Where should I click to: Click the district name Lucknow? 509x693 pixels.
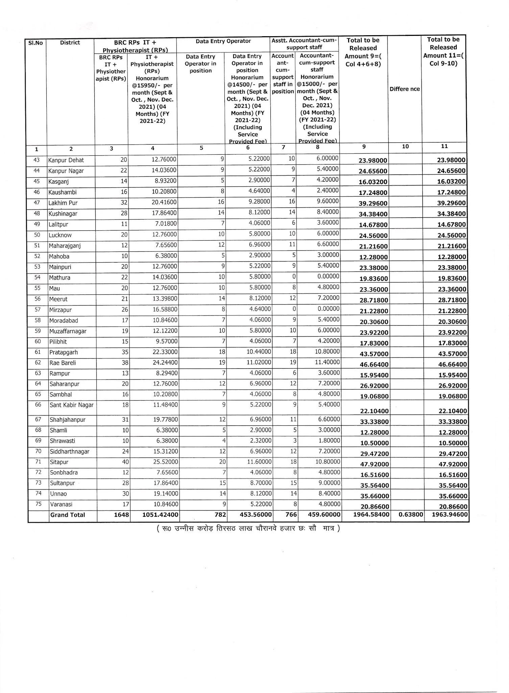(60, 235)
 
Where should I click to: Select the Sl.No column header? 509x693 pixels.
(35, 43)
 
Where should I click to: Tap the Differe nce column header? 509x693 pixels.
(405, 89)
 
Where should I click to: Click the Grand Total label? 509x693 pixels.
(68, 515)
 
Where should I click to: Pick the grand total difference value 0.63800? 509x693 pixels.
(411, 515)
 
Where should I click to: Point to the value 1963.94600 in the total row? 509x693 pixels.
(450, 515)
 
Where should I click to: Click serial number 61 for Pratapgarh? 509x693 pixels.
(38, 352)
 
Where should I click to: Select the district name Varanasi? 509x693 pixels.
(61, 504)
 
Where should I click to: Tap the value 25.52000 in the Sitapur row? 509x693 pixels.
(165, 462)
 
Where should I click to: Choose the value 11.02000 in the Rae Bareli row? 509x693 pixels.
(259, 362)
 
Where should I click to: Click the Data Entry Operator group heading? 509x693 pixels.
(223, 41)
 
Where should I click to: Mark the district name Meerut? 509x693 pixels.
(58, 299)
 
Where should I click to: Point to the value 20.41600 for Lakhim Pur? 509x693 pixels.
(164, 202)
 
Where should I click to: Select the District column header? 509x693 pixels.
(70, 43)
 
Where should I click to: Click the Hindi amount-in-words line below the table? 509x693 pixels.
(248, 528)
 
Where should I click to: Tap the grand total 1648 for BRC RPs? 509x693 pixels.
(121, 515)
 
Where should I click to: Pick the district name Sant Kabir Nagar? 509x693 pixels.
(71, 405)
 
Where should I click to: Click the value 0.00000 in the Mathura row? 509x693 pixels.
(328, 276)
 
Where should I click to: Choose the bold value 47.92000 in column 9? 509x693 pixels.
(374, 464)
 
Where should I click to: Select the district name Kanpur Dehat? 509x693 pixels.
(66, 160)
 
